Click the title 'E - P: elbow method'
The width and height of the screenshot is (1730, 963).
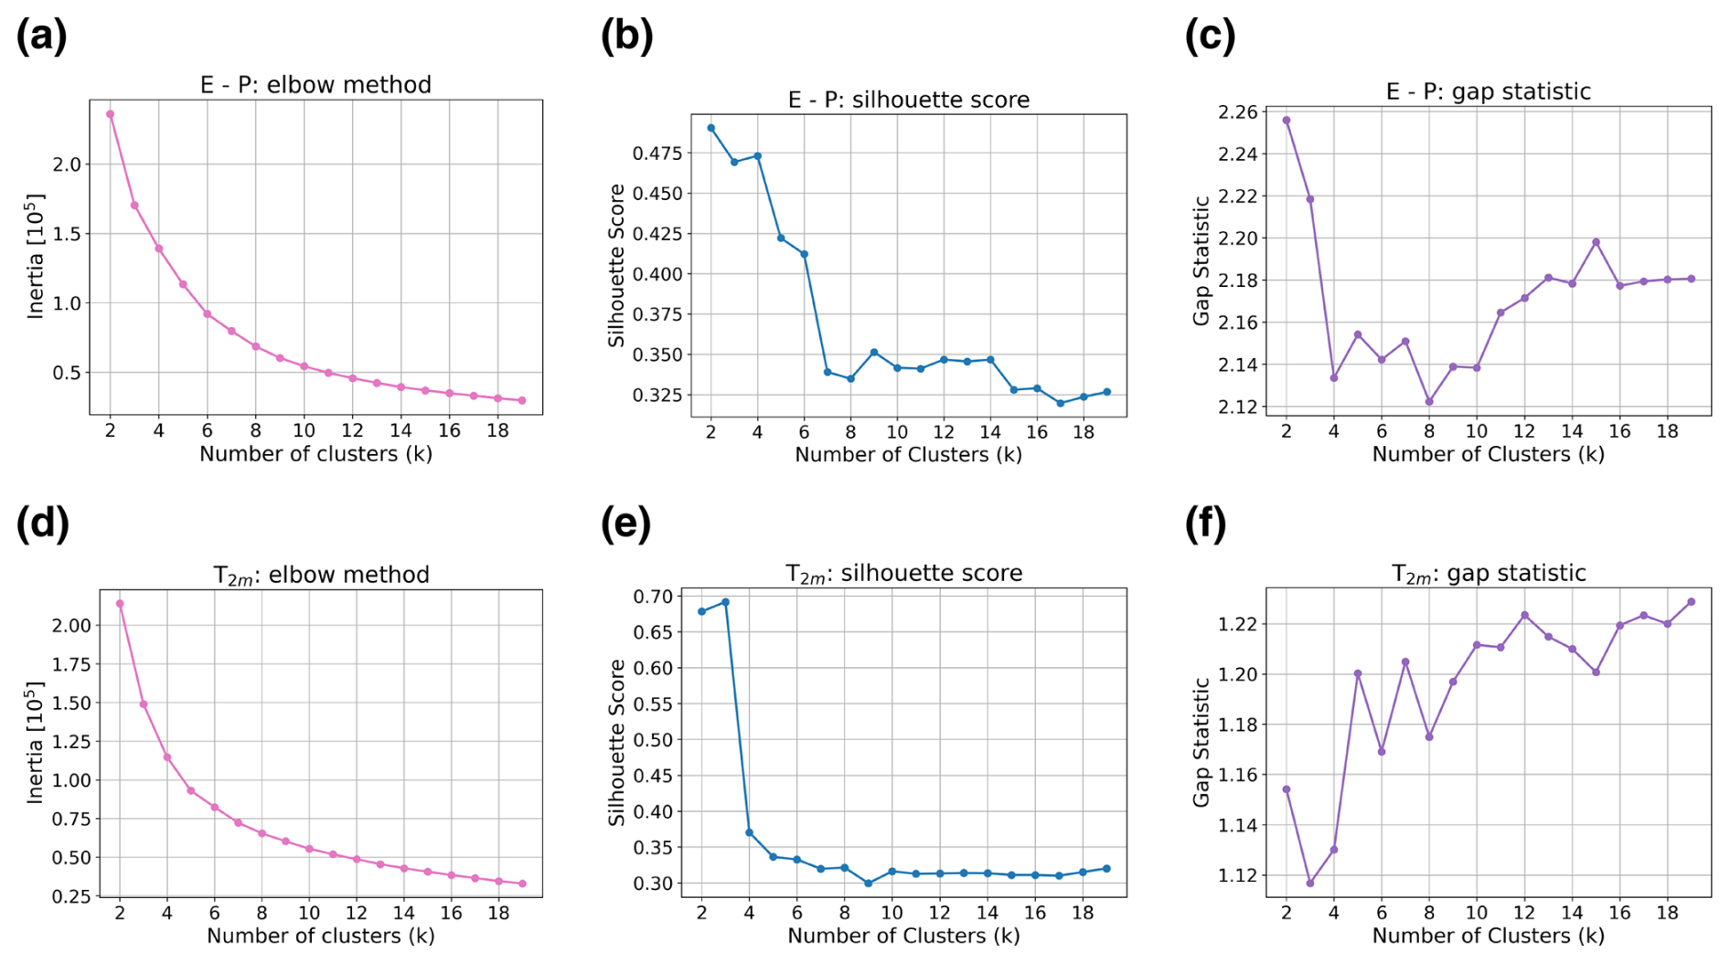click(315, 85)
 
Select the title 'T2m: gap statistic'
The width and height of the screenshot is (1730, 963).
click(1489, 574)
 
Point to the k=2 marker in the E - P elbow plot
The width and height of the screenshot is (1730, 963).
click(111, 114)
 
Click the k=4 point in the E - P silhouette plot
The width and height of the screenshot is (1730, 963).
click(757, 156)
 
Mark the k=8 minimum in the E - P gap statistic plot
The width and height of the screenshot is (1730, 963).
click(1429, 402)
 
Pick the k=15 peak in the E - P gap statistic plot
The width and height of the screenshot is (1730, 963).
click(1596, 242)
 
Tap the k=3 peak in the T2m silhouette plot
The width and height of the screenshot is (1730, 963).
click(725, 602)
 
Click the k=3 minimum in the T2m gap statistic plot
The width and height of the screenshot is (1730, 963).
click(1310, 883)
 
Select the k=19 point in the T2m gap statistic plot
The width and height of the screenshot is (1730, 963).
click(1691, 602)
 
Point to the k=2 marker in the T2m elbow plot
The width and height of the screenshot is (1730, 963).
click(120, 604)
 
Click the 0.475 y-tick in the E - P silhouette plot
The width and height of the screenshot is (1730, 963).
click(657, 153)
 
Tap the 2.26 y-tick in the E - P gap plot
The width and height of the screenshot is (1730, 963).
click(1238, 112)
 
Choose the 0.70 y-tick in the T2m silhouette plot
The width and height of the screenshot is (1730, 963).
click(653, 597)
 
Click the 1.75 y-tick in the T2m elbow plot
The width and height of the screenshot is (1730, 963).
click(71, 664)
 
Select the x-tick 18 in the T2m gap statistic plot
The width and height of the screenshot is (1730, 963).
click(1667, 912)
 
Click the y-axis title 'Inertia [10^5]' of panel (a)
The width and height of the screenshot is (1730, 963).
click(36, 256)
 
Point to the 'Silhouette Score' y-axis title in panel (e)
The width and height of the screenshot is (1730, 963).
click(617, 742)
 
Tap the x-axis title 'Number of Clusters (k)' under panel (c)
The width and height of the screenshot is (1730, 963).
click(1488, 454)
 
